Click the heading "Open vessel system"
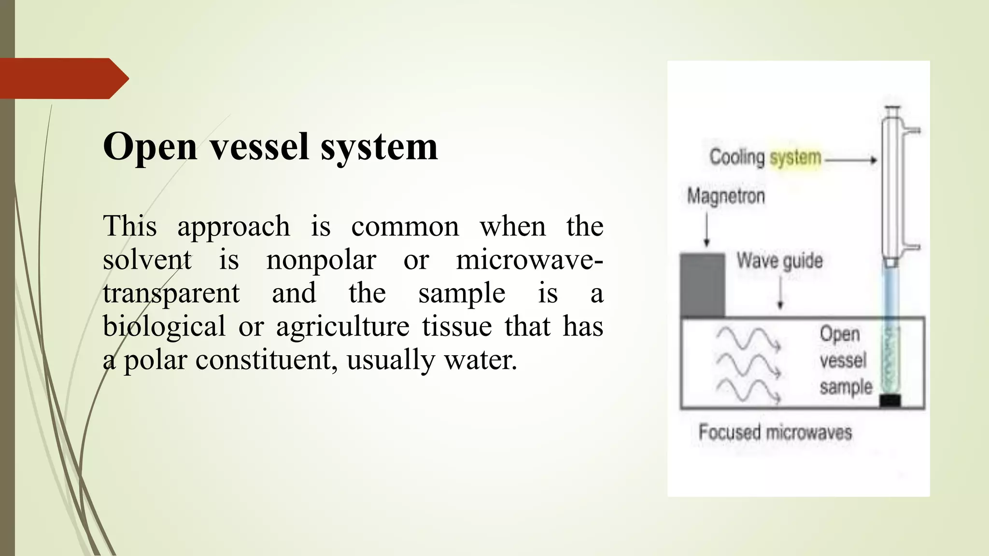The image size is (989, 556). click(x=270, y=147)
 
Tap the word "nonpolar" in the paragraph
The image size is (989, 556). click(x=321, y=260)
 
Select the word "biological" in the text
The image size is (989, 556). click(x=164, y=327)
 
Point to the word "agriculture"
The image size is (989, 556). click(x=342, y=327)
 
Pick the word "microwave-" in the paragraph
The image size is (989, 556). click(x=529, y=260)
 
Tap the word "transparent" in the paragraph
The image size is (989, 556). click(x=171, y=293)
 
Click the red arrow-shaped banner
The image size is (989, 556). click(x=63, y=79)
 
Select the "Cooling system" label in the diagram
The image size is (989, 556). click(x=765, y=157)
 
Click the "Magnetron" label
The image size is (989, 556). click(x=726, y=196)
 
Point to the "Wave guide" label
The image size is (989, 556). click(x=779, y=261)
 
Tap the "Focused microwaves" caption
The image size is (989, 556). click(x=775, y=432)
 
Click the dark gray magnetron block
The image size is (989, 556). click(x=702, y=285)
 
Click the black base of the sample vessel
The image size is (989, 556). click(x=890, y=401)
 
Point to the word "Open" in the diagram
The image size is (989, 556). click(x=840, y=334)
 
